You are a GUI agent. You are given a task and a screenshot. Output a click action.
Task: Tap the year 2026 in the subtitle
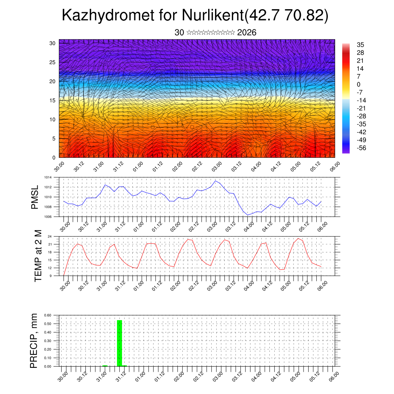coord(247,33)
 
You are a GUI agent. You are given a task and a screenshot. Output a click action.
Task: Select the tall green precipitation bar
coord(119,343)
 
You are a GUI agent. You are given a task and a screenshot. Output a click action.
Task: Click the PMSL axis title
coord(35,197)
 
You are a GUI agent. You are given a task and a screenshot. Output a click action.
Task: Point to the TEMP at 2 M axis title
coord(38,256)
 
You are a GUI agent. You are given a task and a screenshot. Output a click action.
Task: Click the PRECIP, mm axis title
coord(34,341)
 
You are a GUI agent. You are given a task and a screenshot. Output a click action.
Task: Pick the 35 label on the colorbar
coord(361,45)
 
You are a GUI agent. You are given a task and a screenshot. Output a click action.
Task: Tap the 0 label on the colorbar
coord(359,84)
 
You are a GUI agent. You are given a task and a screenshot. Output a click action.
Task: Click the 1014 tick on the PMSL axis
coord(47,177)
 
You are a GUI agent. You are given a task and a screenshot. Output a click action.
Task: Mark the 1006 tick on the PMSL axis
coord(47,217)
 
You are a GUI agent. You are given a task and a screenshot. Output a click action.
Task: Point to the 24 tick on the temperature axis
coord(50,236)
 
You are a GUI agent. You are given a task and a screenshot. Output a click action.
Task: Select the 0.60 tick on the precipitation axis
coord(48,315)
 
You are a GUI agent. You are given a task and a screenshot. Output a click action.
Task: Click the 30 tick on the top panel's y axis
coord(52,43)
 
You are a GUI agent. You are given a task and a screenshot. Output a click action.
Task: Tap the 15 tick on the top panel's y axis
coord(52,100)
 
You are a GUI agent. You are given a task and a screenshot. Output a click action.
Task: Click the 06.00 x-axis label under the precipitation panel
coord(334,374)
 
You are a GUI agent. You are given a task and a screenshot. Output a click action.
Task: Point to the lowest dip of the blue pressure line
coord(248,215)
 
